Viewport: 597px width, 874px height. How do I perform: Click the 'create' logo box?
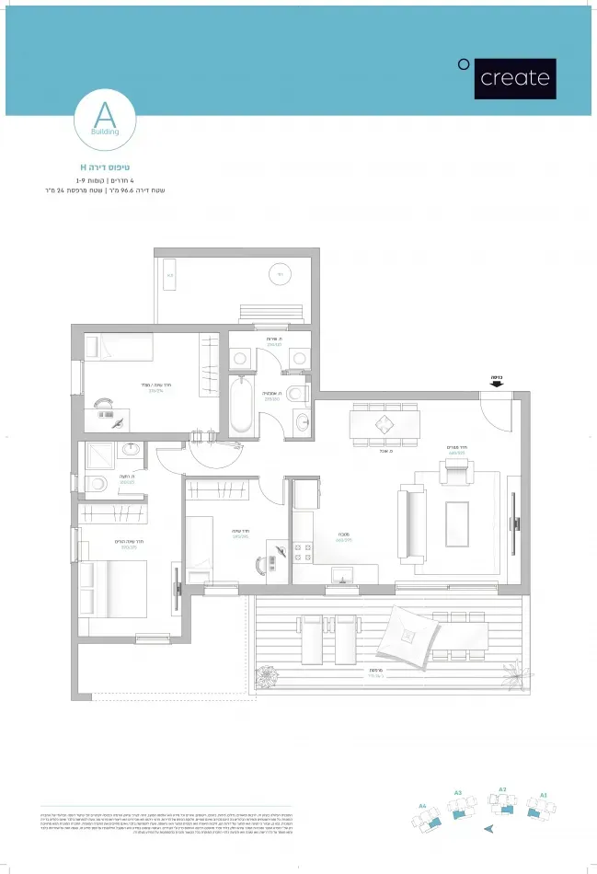[x=514, y=78]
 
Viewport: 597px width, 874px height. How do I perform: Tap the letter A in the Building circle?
[x=105, y=115]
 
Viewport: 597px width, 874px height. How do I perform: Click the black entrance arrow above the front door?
[x=497, y=385]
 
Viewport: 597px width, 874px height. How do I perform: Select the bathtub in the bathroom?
[x=241, y=406]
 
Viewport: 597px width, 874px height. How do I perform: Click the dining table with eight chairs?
[x=384, y=425]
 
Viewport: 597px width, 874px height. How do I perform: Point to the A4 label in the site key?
[x=422, y=805]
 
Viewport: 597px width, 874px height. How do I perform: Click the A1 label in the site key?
[x=544, y=793]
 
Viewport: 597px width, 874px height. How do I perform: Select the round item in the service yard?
[x=280, y=273]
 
